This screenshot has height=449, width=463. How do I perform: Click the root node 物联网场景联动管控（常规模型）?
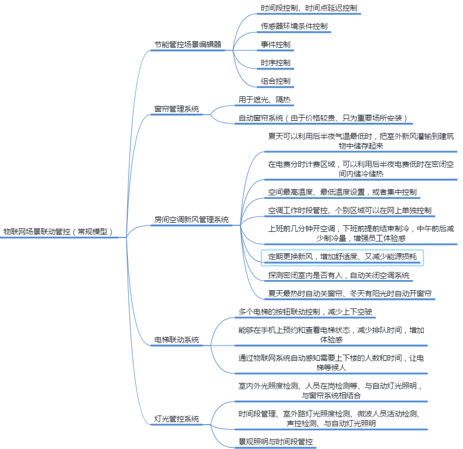point(58,231)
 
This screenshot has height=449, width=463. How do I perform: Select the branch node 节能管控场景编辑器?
point(188,45)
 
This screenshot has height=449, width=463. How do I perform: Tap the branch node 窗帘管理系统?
point(176,109)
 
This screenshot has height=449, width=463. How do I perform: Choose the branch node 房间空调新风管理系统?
point(191,220)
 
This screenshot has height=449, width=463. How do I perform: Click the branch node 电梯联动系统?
point(176,340)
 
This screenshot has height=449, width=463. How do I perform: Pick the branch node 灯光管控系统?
point(176,419)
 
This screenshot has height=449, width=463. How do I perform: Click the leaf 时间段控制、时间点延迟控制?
point(309,8)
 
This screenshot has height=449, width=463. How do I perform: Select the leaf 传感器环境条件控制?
point(294,26)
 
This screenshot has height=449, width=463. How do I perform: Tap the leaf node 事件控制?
point(275,45)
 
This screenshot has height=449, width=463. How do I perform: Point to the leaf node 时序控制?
point(275,63)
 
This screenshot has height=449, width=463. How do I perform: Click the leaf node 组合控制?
point(275,81)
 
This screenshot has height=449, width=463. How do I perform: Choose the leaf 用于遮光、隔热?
point(264,100)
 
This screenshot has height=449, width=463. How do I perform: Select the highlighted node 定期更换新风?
point(342,257)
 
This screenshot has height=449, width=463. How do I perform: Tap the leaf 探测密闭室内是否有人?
point(339,275)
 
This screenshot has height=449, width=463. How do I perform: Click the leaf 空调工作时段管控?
point(350,210)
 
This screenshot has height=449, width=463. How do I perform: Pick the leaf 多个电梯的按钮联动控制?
point(306,312)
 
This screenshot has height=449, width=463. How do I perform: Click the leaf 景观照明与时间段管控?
point(275,441)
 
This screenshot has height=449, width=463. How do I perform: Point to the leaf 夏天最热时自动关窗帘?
point(350,294)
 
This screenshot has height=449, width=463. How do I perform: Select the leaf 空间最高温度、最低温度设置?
point(342,192)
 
